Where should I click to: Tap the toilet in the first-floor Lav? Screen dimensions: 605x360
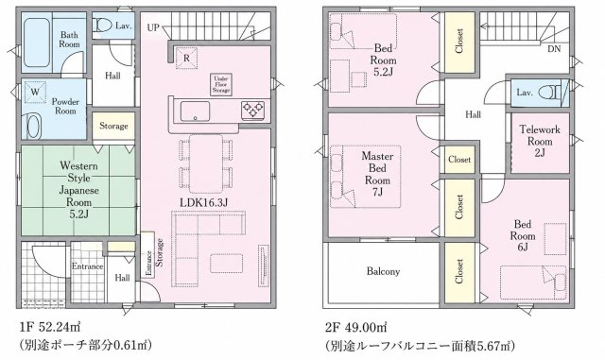coord(103,26)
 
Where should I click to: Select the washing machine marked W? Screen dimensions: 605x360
coord(35,92)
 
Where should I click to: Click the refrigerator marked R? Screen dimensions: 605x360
coord(187,59)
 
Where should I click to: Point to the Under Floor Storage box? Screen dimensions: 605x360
coord(221,84)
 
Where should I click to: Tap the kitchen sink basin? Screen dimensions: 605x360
coord(196,111)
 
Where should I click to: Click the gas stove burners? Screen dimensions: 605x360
coord(252,110)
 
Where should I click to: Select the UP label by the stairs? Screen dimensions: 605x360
coord(153,27)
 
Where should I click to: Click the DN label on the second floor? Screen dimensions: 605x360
coord(554,49)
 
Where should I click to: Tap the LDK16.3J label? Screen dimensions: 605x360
coord(204,202)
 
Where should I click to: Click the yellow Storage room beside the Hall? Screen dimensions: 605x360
coord(113,126)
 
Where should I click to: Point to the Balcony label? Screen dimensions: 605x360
coord(383,271)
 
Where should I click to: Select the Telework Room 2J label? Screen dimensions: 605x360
coord(540,141)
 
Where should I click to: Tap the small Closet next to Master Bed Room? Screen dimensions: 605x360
coord(459,160)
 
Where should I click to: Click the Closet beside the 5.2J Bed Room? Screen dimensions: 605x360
coord(459,42)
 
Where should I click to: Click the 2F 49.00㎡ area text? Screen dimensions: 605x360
coord(355,328)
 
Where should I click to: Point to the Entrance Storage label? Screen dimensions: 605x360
coord(154,258)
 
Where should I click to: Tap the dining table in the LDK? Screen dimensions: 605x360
coord(206,163)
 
